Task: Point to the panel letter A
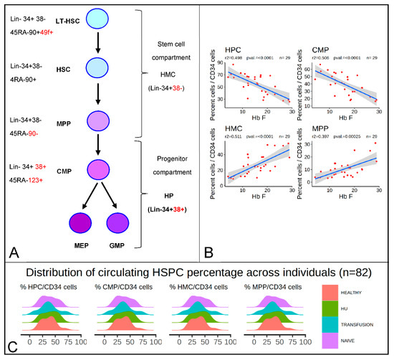click(12, 250)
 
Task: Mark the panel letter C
click(11, 348)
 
